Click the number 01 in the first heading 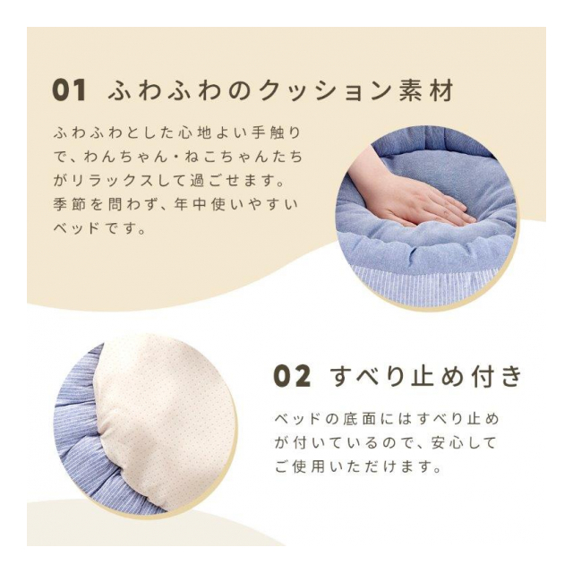point(70,90)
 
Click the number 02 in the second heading point(293,377)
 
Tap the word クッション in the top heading point(325,90)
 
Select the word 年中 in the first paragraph point(190,205)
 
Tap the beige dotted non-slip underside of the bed point(165,420)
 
